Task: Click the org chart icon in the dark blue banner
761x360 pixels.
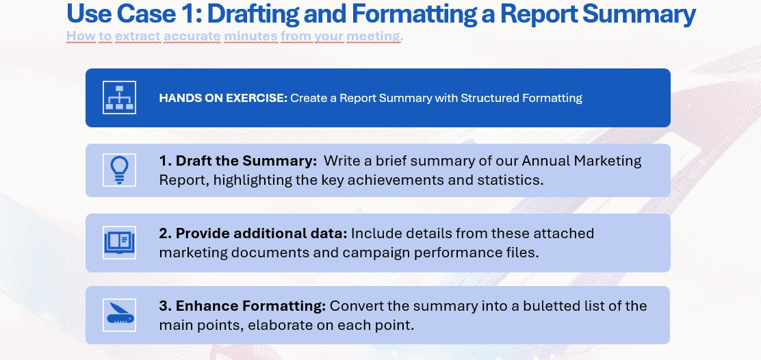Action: pyautogui.click(x=119, y=97)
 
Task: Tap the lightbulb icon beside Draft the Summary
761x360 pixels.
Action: pyautogui.click(x=119, y=170)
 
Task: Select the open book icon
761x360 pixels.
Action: pyautogui.click(x=119, y=242)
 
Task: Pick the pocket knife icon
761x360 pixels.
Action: pyautogui.click(x=119, y=315)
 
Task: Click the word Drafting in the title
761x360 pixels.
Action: pyautogui.click(x=253, y=14)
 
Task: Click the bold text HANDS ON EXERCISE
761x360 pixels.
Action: pyautogui.click(x=223, y=98)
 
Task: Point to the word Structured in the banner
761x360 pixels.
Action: pyautogui.click(x=490, y=98)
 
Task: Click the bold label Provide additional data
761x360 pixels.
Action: pyautogui.click(x=253, y=234)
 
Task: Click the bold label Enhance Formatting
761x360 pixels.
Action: pyautogui.click(x=242, y=307)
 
